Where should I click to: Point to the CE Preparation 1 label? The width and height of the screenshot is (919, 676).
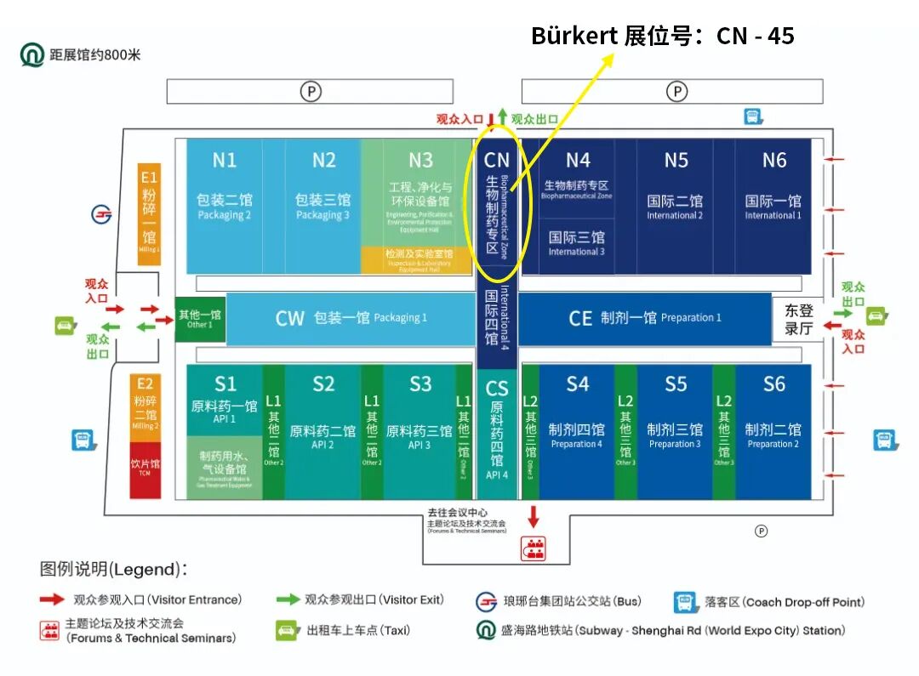pyautogui.click(x=644, y=318)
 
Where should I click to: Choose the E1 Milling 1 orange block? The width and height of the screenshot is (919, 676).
pyautogui.click(x=150, y=213)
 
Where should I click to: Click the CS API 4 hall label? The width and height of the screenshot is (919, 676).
pyautogui.click(x=497, y=429)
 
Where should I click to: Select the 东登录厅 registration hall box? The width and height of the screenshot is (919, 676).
pyautogui.click(x=798, y=320)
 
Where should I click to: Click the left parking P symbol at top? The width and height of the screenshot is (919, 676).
pyautogui.click(x=311, y=91)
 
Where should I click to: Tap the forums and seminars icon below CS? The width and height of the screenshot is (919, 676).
pyautogui.click(x=534, y=548)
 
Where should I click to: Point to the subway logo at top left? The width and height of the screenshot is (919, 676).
pyautogui.click(x=32, y=55)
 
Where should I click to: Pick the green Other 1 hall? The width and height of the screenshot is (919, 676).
pyautogui.click(x=200, y=319)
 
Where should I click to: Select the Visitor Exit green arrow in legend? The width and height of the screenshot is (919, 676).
pyautogui.click(x=288, y=599)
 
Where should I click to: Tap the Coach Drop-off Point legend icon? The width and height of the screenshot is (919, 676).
pyautogui.click(x=685, y=602)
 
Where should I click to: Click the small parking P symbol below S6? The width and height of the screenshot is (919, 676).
pyautogui.click(x=762, y=531)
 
